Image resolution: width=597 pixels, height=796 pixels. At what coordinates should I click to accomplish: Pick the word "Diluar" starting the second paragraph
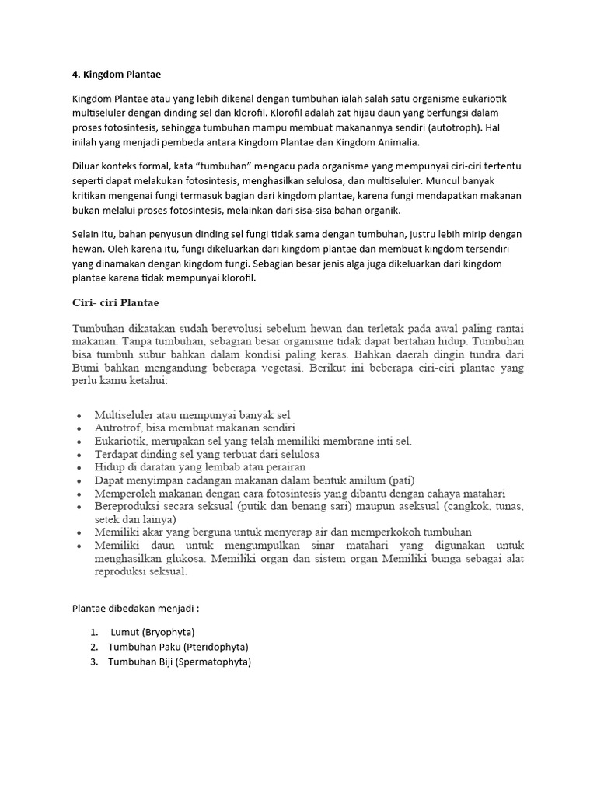coord(88,167)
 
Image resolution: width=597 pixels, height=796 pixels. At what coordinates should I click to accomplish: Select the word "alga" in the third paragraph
coord(352,264)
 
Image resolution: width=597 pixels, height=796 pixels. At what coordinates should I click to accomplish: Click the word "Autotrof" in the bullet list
coord(114,428)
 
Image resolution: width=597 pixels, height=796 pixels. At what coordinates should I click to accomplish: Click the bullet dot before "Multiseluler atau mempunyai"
coord(79,415)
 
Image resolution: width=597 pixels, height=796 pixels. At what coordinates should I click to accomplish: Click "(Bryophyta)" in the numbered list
coord(169,632)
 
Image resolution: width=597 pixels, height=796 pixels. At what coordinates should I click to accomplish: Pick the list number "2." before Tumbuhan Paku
coord(93,647)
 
